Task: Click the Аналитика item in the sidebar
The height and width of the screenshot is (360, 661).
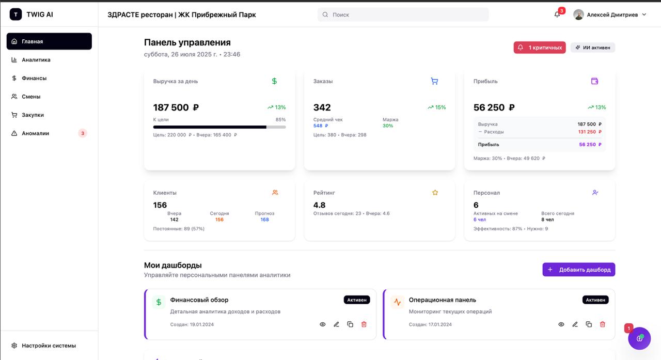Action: pyautogui.click(x=36, y=60)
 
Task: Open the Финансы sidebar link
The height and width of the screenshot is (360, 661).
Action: pyautogui.click(x=34, y=78)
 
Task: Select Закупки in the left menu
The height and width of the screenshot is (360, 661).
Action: pyautogui.click(x=33, y=115)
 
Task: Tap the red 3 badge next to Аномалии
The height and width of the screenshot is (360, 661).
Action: pyautogui.click(x=83, y=133)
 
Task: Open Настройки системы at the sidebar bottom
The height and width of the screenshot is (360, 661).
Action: pyautogui.click(x=49, y=346)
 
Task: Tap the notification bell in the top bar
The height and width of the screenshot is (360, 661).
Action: pyautogui.click(x=557, y=14)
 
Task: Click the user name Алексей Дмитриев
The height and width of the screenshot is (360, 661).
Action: pyautogui.click(x=612, y=15)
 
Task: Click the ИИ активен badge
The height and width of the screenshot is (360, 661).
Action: pyautogui.click(x=593, y=48)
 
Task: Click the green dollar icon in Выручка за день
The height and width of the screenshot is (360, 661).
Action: pyautogui.click(x=274, y=81)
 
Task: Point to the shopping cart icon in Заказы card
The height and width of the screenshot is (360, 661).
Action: pyautogui.click(x=434, y=81)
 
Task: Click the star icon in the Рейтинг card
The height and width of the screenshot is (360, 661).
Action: pyautogui.click(x=435, y=193)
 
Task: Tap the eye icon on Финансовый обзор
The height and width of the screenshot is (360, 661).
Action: pyautogui.click(x=323, y=324)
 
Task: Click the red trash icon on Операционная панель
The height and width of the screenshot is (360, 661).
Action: pyautogui.click(x=602, y=324)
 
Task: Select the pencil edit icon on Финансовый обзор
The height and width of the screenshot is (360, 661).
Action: pyautogui.click(x=336, y=324)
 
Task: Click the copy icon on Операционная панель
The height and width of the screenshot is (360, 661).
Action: pyautogui.click(x=589, y=324)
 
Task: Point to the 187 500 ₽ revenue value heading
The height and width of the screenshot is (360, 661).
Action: pyautogui.click(x=176, y=107)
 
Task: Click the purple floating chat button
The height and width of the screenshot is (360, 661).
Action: pyautogui.click(x=639, y=338)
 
